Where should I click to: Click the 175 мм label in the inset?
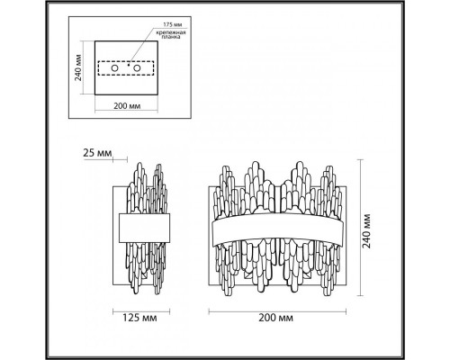173,24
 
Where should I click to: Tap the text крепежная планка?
171,35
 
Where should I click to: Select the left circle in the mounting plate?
114,68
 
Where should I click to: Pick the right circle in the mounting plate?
137,68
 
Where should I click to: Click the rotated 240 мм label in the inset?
78,67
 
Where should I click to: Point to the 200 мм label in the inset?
127,105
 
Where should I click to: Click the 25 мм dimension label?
97,153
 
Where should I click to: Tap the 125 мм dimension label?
139,318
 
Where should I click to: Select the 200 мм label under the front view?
276,318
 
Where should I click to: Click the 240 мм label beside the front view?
366,231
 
